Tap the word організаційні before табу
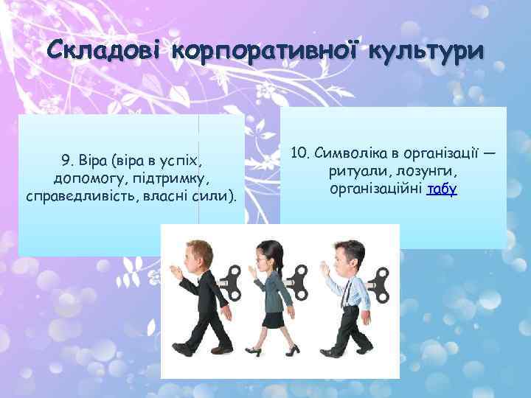(x=377, y=189)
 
